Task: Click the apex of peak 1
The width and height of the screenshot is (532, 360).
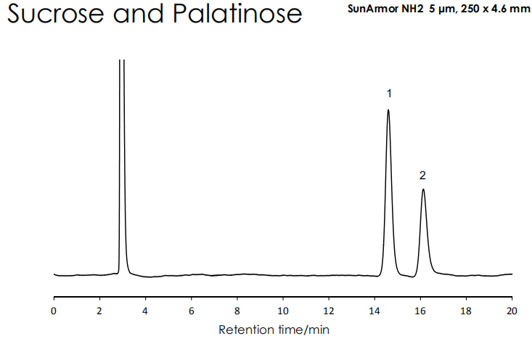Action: coord(388,110)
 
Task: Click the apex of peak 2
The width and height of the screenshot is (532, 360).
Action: coord(422,189)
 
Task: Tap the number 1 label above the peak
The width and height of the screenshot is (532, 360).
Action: coord(389,94)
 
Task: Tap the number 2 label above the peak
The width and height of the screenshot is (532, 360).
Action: coord(422,175)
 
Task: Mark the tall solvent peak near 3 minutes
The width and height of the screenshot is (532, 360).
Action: coord(121,145)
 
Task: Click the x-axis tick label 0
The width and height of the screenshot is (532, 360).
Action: coord(54,310)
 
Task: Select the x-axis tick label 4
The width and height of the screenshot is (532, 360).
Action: coord(145,310)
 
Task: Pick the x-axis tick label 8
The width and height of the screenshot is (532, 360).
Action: coord(237,310)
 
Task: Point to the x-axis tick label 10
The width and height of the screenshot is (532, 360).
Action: coord(283,310)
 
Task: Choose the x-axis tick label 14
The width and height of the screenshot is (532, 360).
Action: coord(375,310)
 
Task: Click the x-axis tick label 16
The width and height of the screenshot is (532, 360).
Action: coord(420,310)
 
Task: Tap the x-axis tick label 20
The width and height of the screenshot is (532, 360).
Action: coord(512,310)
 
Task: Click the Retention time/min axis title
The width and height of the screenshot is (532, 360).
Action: coord(274,330)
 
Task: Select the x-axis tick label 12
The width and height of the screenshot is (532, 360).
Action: coord(329,310)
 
